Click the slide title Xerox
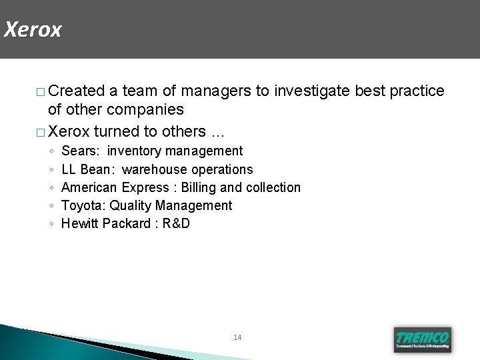[x=32, y=30]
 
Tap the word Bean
[x=99, y=169]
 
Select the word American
[x=89, y=187]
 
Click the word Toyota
[x=83, y=205]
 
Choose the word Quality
[x=131, y=205]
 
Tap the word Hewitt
[x=79, y=223]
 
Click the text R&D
[x=175, y=223]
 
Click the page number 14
[x=238, y=337]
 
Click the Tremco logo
[x=423, y=339]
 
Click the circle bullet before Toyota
[x=51, y=206]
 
